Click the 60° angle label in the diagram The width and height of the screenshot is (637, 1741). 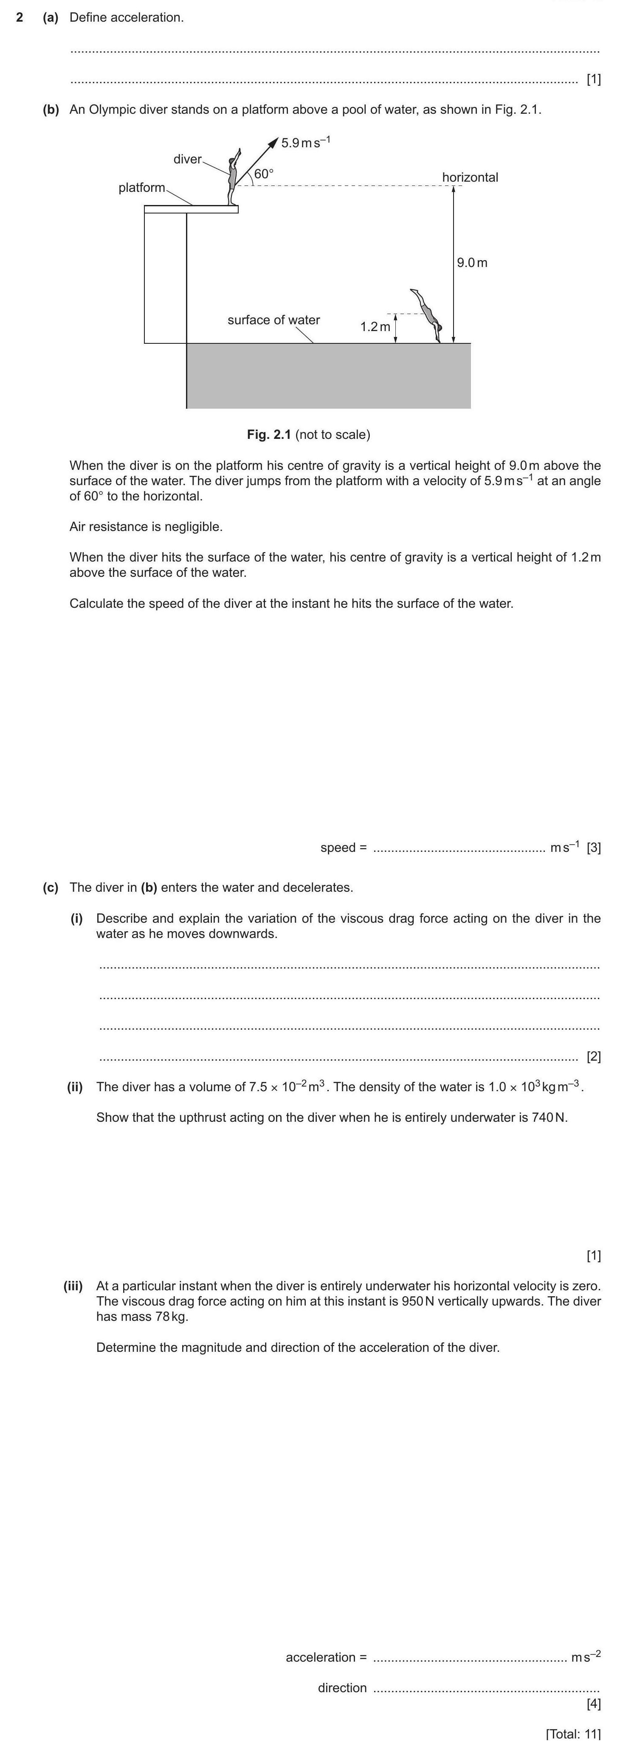[x=264, y=173]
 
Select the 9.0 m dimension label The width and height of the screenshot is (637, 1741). [x=472, y=262]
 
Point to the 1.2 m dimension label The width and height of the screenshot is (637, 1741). [x=375, y=326]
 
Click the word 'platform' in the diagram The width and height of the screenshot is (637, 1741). [x=141, y=187]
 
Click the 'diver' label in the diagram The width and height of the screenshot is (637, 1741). [x=187, y=159]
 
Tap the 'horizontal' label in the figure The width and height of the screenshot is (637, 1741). [x=470, y=177]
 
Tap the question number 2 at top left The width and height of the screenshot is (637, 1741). [x=20, y=17]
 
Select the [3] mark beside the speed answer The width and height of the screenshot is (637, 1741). [x=594, y=848]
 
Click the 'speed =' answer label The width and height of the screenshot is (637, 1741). [x=343, y=848]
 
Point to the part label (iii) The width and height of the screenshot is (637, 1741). [x=73, y=1286]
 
